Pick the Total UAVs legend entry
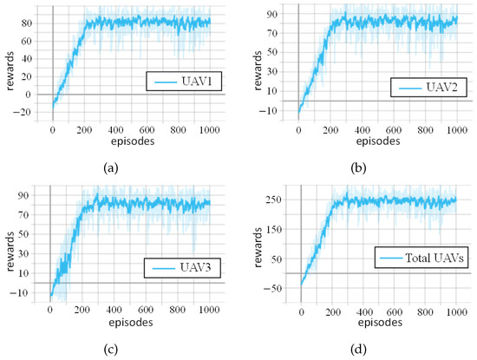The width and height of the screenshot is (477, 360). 421,258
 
